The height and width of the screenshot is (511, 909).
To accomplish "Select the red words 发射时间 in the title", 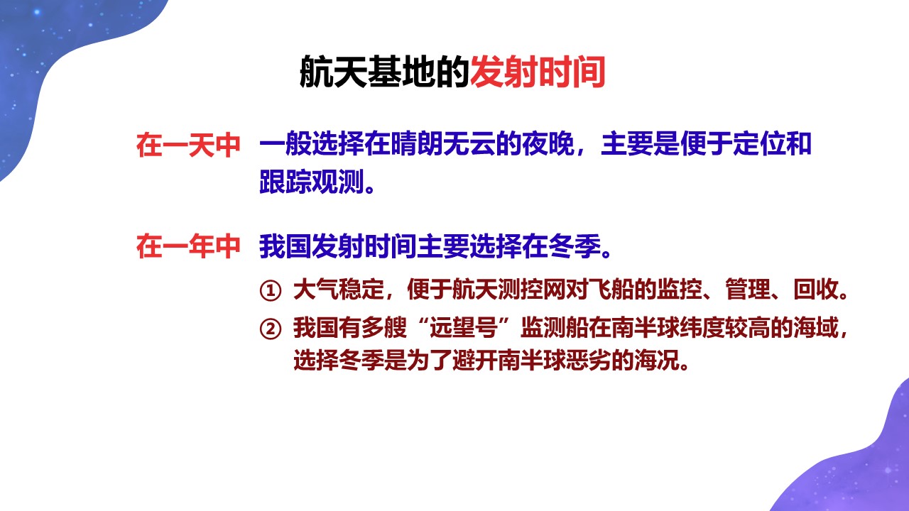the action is (x=538, y=72).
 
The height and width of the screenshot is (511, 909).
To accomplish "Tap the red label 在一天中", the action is (x=188, y=145).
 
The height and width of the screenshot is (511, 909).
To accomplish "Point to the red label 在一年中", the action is (x=188, y=246).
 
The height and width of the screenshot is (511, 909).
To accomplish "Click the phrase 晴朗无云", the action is (x=443, y=144).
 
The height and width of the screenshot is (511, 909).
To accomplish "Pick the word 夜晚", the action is (x=548, y=144).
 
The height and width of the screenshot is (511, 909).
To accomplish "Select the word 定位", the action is (x=759, y=144).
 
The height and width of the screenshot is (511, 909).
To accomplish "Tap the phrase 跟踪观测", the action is (x=311, y=181).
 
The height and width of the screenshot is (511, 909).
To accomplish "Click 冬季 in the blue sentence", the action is (x=575, y=246).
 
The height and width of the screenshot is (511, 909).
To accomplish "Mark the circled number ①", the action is (x=271, y=290).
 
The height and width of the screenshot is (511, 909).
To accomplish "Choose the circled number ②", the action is (x=271, y=329).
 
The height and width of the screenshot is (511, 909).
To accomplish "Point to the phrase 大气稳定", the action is (x=339, y=290).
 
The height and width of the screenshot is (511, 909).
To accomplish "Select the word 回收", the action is (x=817, y=290).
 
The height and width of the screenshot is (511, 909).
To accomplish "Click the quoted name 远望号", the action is (x=464, y=328).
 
